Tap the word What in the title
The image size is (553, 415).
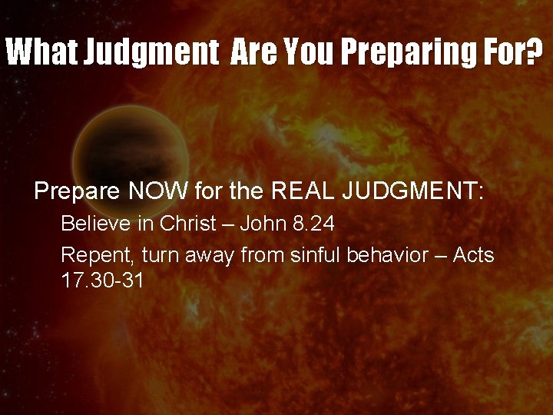pos(41,53)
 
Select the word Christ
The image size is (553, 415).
pos(187,224)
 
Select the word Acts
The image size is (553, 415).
pos(473,254)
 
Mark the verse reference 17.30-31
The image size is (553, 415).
pos(102,280)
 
